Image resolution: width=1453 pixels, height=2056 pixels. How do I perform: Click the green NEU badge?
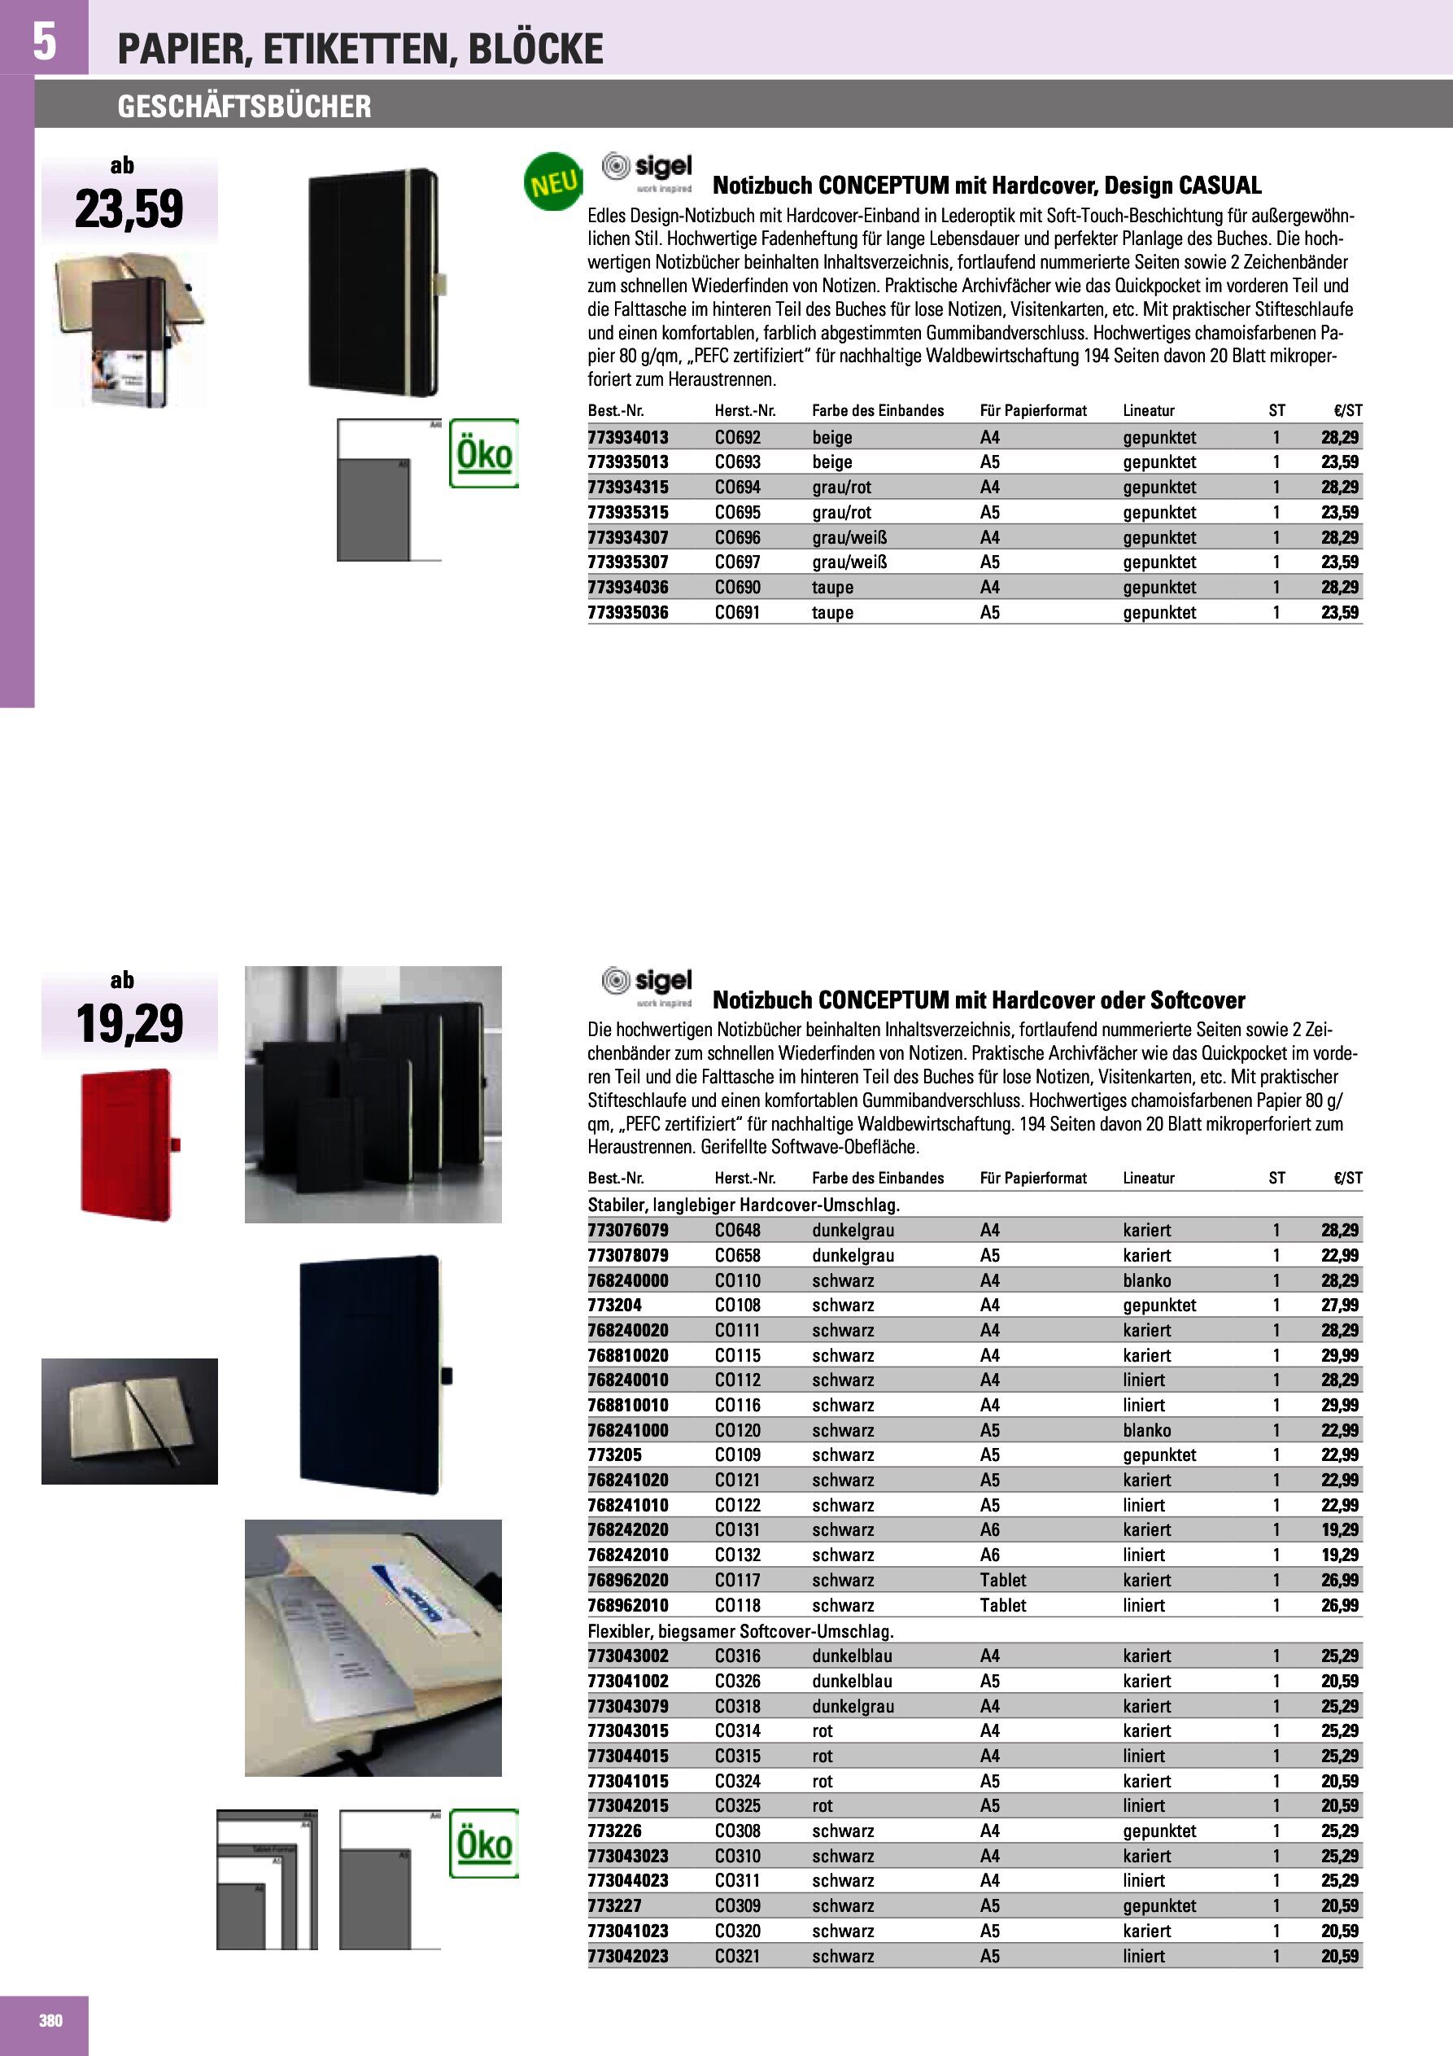pos(552,182)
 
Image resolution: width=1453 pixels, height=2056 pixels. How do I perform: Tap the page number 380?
pos(50,2020)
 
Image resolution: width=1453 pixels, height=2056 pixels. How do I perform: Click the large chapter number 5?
pos(44,42)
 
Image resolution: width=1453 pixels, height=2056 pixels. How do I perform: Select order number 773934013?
pos(627,437)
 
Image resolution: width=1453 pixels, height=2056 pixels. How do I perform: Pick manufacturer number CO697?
pos(737,562)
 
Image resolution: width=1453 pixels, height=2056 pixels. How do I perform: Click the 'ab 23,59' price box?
pos(129,198)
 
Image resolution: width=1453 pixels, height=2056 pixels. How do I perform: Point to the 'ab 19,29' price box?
pos(129,1013)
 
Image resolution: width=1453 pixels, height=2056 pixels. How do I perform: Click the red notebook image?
pos(129,1144)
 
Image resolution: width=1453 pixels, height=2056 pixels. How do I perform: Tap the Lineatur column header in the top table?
pos(1149,411)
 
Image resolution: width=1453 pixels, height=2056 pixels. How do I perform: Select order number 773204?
pos(614,1305)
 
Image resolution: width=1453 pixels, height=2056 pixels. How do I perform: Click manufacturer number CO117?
pos(737,1580)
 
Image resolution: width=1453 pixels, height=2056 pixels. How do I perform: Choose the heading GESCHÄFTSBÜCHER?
pos(243,107)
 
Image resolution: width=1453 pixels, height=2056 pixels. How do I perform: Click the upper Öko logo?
pos(483,453)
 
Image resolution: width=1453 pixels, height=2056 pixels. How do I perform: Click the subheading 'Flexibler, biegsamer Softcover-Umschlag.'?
pos(740,1630)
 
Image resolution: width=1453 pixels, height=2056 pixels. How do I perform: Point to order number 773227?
pos(614,1905)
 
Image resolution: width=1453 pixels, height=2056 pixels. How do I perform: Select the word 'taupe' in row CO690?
pos(831,588)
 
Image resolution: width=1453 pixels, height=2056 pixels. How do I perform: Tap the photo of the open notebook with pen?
pos(129,1421)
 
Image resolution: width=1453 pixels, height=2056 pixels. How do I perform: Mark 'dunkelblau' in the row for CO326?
pos(852,1681)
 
